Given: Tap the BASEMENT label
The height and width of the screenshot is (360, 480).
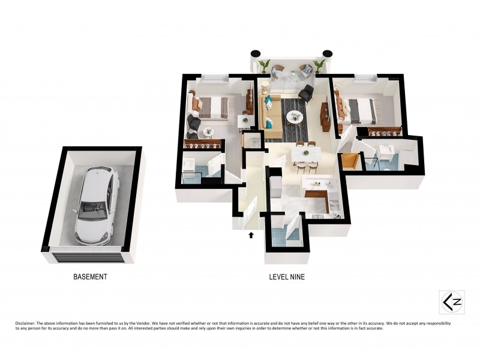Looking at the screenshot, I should pyautogui.click(x=90, y=277).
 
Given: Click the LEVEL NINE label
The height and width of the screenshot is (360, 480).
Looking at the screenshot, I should pyautogui.click(x=287, y=277).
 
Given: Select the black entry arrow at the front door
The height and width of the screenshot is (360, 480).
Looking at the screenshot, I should pyautogui.click(x=251, y=235).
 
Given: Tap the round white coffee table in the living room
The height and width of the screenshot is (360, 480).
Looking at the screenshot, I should pyautogui.click(x=295, y=117).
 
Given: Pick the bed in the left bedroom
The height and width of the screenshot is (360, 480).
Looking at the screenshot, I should pyautogui.click(x=211, y=107).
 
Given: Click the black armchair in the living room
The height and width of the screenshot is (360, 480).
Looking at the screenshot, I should pyautogui.click(x=307, y=93).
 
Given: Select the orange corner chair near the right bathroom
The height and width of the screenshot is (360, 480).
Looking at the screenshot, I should pyautogui.click(x=349, y=161).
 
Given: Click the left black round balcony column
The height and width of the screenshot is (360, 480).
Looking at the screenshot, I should pyautogui.click(x=255, y=53).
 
